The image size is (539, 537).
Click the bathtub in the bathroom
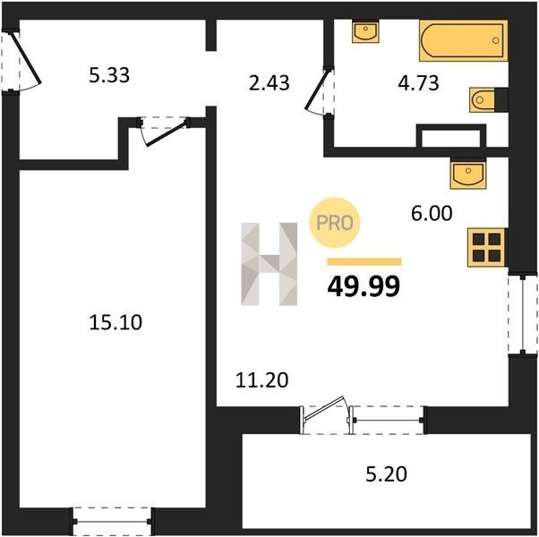(464, 40)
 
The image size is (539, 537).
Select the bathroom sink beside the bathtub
(365, 31)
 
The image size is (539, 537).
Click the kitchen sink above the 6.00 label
(468, 174)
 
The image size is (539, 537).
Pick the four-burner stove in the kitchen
(486, 247)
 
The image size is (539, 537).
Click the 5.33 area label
(109, 75)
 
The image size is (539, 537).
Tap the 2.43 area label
(269, 83)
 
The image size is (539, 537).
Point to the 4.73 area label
(418, 83)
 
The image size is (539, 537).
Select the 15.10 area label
(115, 322)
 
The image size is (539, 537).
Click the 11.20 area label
(262, 380)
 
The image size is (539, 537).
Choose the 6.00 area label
(432, 213)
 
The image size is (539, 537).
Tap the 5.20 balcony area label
(387, 474)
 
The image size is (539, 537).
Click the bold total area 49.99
(364, 286)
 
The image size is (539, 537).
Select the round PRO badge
(335, 223)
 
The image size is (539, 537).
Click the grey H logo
(269, 264)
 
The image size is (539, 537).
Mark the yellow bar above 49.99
(364, 262)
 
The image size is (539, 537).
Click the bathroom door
(318, 90)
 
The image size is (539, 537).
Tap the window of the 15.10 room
(113, 521)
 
